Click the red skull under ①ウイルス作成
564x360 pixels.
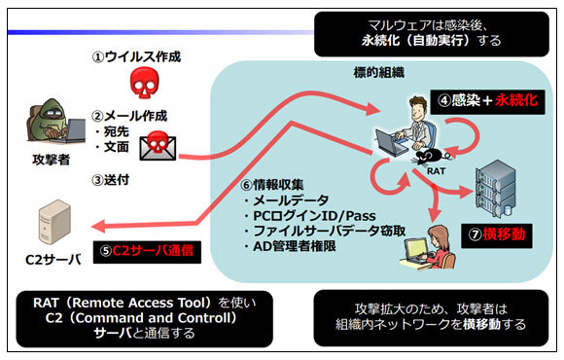point(145,83)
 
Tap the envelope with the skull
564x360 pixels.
point(158,146)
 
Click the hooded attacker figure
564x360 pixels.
point(55,122)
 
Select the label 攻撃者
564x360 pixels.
point(52,160)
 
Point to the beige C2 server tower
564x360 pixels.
point(54,223)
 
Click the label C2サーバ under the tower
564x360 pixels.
point(53,260)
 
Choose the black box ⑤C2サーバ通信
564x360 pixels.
point(147,251)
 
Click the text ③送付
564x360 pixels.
point(111,180)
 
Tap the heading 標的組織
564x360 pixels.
point(379,73)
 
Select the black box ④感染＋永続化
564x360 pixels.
point(487,101)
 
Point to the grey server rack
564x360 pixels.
point(495,189)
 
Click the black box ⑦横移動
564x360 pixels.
point(496,235)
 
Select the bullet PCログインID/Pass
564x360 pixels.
point(310,216)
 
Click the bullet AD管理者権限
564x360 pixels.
point(290,246)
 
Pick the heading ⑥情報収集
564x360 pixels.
point(272,185)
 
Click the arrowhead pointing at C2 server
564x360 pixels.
point(98,227)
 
